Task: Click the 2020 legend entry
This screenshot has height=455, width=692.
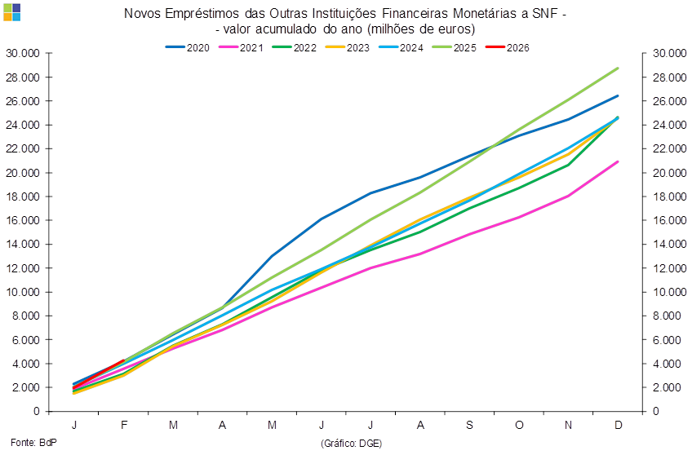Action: (189, 47)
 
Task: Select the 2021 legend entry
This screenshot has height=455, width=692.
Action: (242, 47)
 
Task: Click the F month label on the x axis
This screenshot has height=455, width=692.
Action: (124, 425)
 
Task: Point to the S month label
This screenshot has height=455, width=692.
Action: (471, 425)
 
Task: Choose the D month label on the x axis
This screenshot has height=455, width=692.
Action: (619, 425)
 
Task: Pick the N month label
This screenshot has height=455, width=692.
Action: (569, 425)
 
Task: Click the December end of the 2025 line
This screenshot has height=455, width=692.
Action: (619, 68)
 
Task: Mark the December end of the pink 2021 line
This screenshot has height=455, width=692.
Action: (619, 161)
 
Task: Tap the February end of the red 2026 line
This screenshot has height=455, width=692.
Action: (124, 360)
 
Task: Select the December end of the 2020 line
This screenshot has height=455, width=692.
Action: (619, 96)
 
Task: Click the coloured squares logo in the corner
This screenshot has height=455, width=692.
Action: (12, 11)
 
